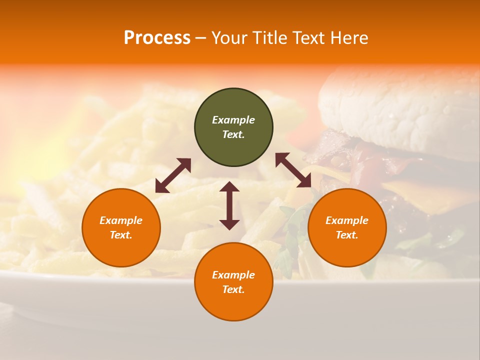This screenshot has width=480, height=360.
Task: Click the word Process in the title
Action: [157, 38]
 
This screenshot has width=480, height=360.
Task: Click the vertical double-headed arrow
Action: [229, 205]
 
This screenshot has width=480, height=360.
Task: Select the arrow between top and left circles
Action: [173, 175]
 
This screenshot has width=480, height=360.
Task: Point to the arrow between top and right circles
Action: [293, 170]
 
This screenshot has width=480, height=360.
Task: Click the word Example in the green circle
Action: [233, 120]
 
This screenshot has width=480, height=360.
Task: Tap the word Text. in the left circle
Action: [121, 235]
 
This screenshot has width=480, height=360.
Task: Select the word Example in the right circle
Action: [347, 220]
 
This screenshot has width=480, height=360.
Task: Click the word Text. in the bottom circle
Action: [233, 289]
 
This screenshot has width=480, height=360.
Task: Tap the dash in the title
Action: [200, 38]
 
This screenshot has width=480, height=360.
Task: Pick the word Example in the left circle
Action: [121, 220]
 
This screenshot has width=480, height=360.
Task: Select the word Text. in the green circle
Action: [233, 134]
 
